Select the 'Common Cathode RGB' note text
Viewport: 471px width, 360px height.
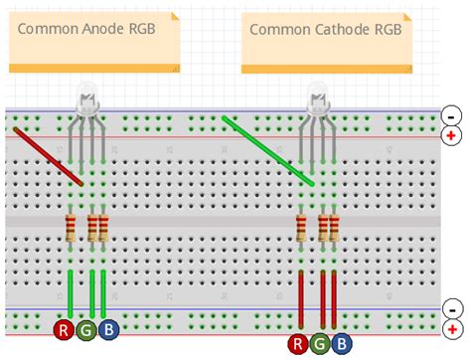[x=325, y=29]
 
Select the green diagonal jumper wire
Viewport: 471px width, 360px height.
[x=268, y=151]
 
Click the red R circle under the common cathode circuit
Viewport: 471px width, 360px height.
[x=297, y=344]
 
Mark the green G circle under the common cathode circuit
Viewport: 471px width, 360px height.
[x=319, y=344]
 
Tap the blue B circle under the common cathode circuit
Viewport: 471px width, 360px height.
[x=341, y=344]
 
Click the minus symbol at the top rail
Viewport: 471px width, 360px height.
[x=453, y=115]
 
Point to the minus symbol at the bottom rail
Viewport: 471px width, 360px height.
[x=453, y=309]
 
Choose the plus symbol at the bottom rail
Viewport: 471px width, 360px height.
[x=453, y=328]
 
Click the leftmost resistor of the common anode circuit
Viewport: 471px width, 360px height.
[x=71, y=228]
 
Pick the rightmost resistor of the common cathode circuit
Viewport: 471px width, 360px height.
[x=335, y=228]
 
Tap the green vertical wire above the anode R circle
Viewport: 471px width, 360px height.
[x=71, y=290]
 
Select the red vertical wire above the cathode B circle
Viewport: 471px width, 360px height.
[x=335, y=295]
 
